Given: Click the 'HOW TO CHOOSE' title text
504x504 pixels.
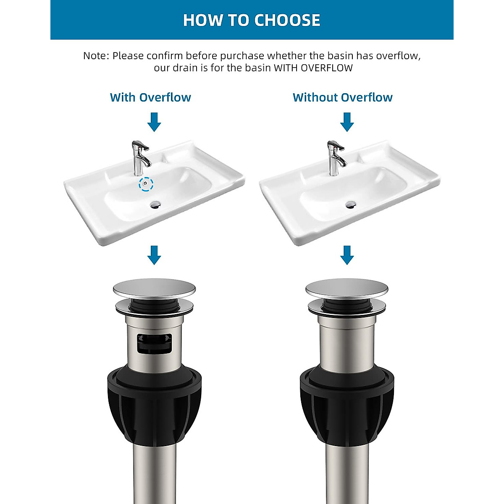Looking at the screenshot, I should [252, 20].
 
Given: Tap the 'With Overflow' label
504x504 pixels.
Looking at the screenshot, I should [150, 97].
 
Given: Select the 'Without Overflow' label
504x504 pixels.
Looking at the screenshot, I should [342, 97].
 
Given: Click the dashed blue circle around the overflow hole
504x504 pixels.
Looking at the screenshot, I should [146, 184].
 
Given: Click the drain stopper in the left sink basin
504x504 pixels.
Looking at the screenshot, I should [155, 205].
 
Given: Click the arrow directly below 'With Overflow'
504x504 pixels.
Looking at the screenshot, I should [155, 122].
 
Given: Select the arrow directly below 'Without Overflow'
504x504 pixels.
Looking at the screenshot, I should [347, 122].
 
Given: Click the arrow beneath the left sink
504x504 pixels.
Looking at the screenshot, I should [155, 255].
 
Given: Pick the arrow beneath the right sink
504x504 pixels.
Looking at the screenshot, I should [347, 255].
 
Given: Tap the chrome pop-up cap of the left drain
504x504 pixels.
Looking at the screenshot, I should [155, 289].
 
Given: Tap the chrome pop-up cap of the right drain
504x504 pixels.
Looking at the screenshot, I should [347, 289].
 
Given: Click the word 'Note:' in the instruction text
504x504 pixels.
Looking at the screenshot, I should [96, 56].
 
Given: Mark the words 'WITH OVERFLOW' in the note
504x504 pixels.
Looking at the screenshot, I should [313, 68].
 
